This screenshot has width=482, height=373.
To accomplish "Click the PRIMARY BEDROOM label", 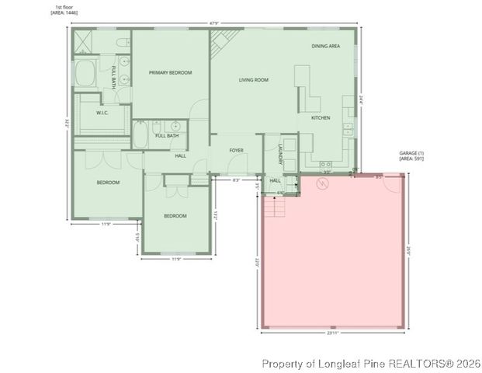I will [x=169, y=72].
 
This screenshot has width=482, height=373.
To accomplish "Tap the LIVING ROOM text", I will [x=253, y=79].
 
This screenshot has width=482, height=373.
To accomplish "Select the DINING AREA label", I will [x=325, y=46].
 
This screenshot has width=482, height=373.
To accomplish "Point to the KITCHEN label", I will [x=321, y=117].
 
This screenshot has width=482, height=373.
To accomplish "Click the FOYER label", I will [x=236, y=150].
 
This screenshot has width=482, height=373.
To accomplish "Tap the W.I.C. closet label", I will [x=102, y=113].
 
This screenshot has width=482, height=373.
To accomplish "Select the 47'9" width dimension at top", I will [x=213, y=23].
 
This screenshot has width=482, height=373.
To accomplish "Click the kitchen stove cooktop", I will [x=326, y=165].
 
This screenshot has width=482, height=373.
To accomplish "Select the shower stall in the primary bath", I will [x=85, y=42].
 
